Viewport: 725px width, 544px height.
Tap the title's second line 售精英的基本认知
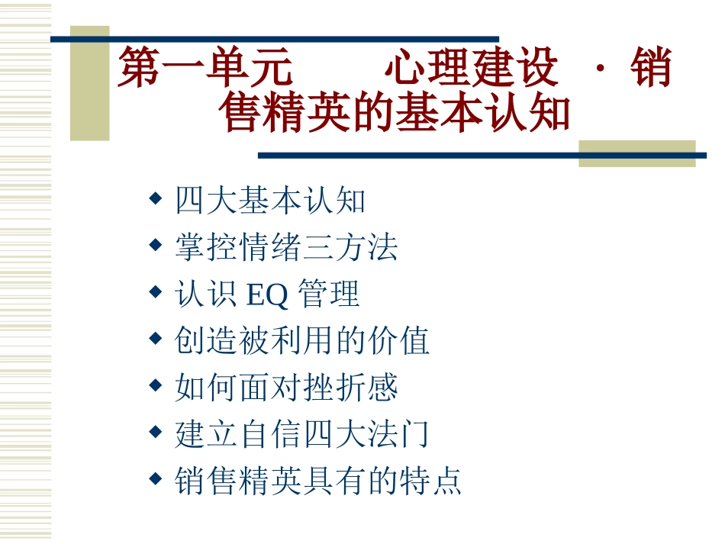tap(395, 113)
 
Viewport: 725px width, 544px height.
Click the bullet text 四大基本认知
tap(270, 201)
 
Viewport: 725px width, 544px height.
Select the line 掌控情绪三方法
tap(286, 247)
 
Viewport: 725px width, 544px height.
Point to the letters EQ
tap(267, 295)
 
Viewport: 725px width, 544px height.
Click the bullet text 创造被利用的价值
tap(302, 341)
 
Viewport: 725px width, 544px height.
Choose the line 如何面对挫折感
tap(286, 388)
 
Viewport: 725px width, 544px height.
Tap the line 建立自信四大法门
tap(302, 434)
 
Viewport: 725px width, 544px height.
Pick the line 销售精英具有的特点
tap(318, 481)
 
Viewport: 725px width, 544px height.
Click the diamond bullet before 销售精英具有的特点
tap(155, 479)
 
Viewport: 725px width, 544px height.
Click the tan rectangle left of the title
tap(89, 84)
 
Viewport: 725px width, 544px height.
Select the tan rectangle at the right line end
tap(636, 153)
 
